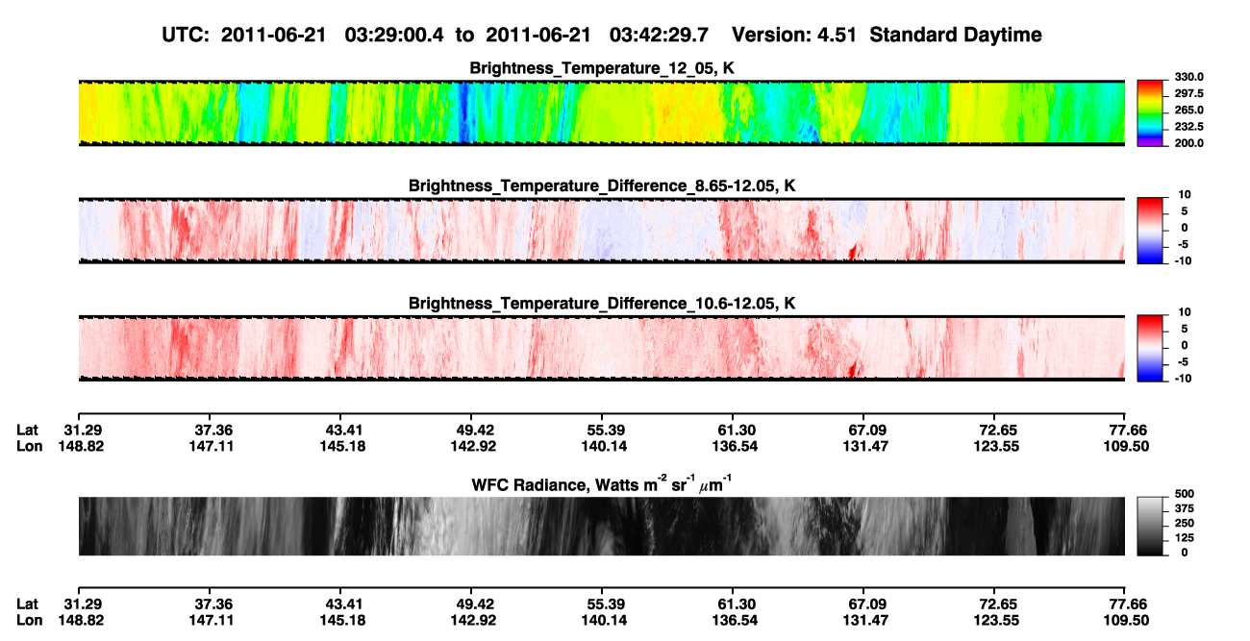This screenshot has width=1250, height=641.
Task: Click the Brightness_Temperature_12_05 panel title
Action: (602, 68)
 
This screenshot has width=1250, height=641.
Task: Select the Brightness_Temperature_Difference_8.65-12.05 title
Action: (602, 185)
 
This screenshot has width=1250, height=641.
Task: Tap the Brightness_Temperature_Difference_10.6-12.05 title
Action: (602, 304)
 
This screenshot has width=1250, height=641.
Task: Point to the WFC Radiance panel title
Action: (602, 484)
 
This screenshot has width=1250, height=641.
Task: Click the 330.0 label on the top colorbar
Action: (1188, 77)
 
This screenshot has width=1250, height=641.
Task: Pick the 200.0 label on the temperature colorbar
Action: (1188, 143)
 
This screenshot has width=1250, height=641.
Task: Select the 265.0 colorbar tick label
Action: (1188, 110)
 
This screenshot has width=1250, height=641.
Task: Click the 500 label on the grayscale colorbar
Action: (1185, 494)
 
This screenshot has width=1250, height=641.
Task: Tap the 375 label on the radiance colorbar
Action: (1185, 508)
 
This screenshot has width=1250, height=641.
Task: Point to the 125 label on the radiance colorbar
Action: (1185, 538)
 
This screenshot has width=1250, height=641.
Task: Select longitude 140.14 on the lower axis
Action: (604, 621)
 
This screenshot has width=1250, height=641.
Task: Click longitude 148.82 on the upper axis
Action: (81, 446)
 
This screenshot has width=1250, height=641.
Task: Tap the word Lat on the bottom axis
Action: (27, 604)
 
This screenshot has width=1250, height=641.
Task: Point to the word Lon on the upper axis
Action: (30, 446)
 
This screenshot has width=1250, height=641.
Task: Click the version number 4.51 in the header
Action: (837, 35)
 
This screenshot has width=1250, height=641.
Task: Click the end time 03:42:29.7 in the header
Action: (659, 35)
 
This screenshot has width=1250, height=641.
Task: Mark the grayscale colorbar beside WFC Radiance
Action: (1150, 526)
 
